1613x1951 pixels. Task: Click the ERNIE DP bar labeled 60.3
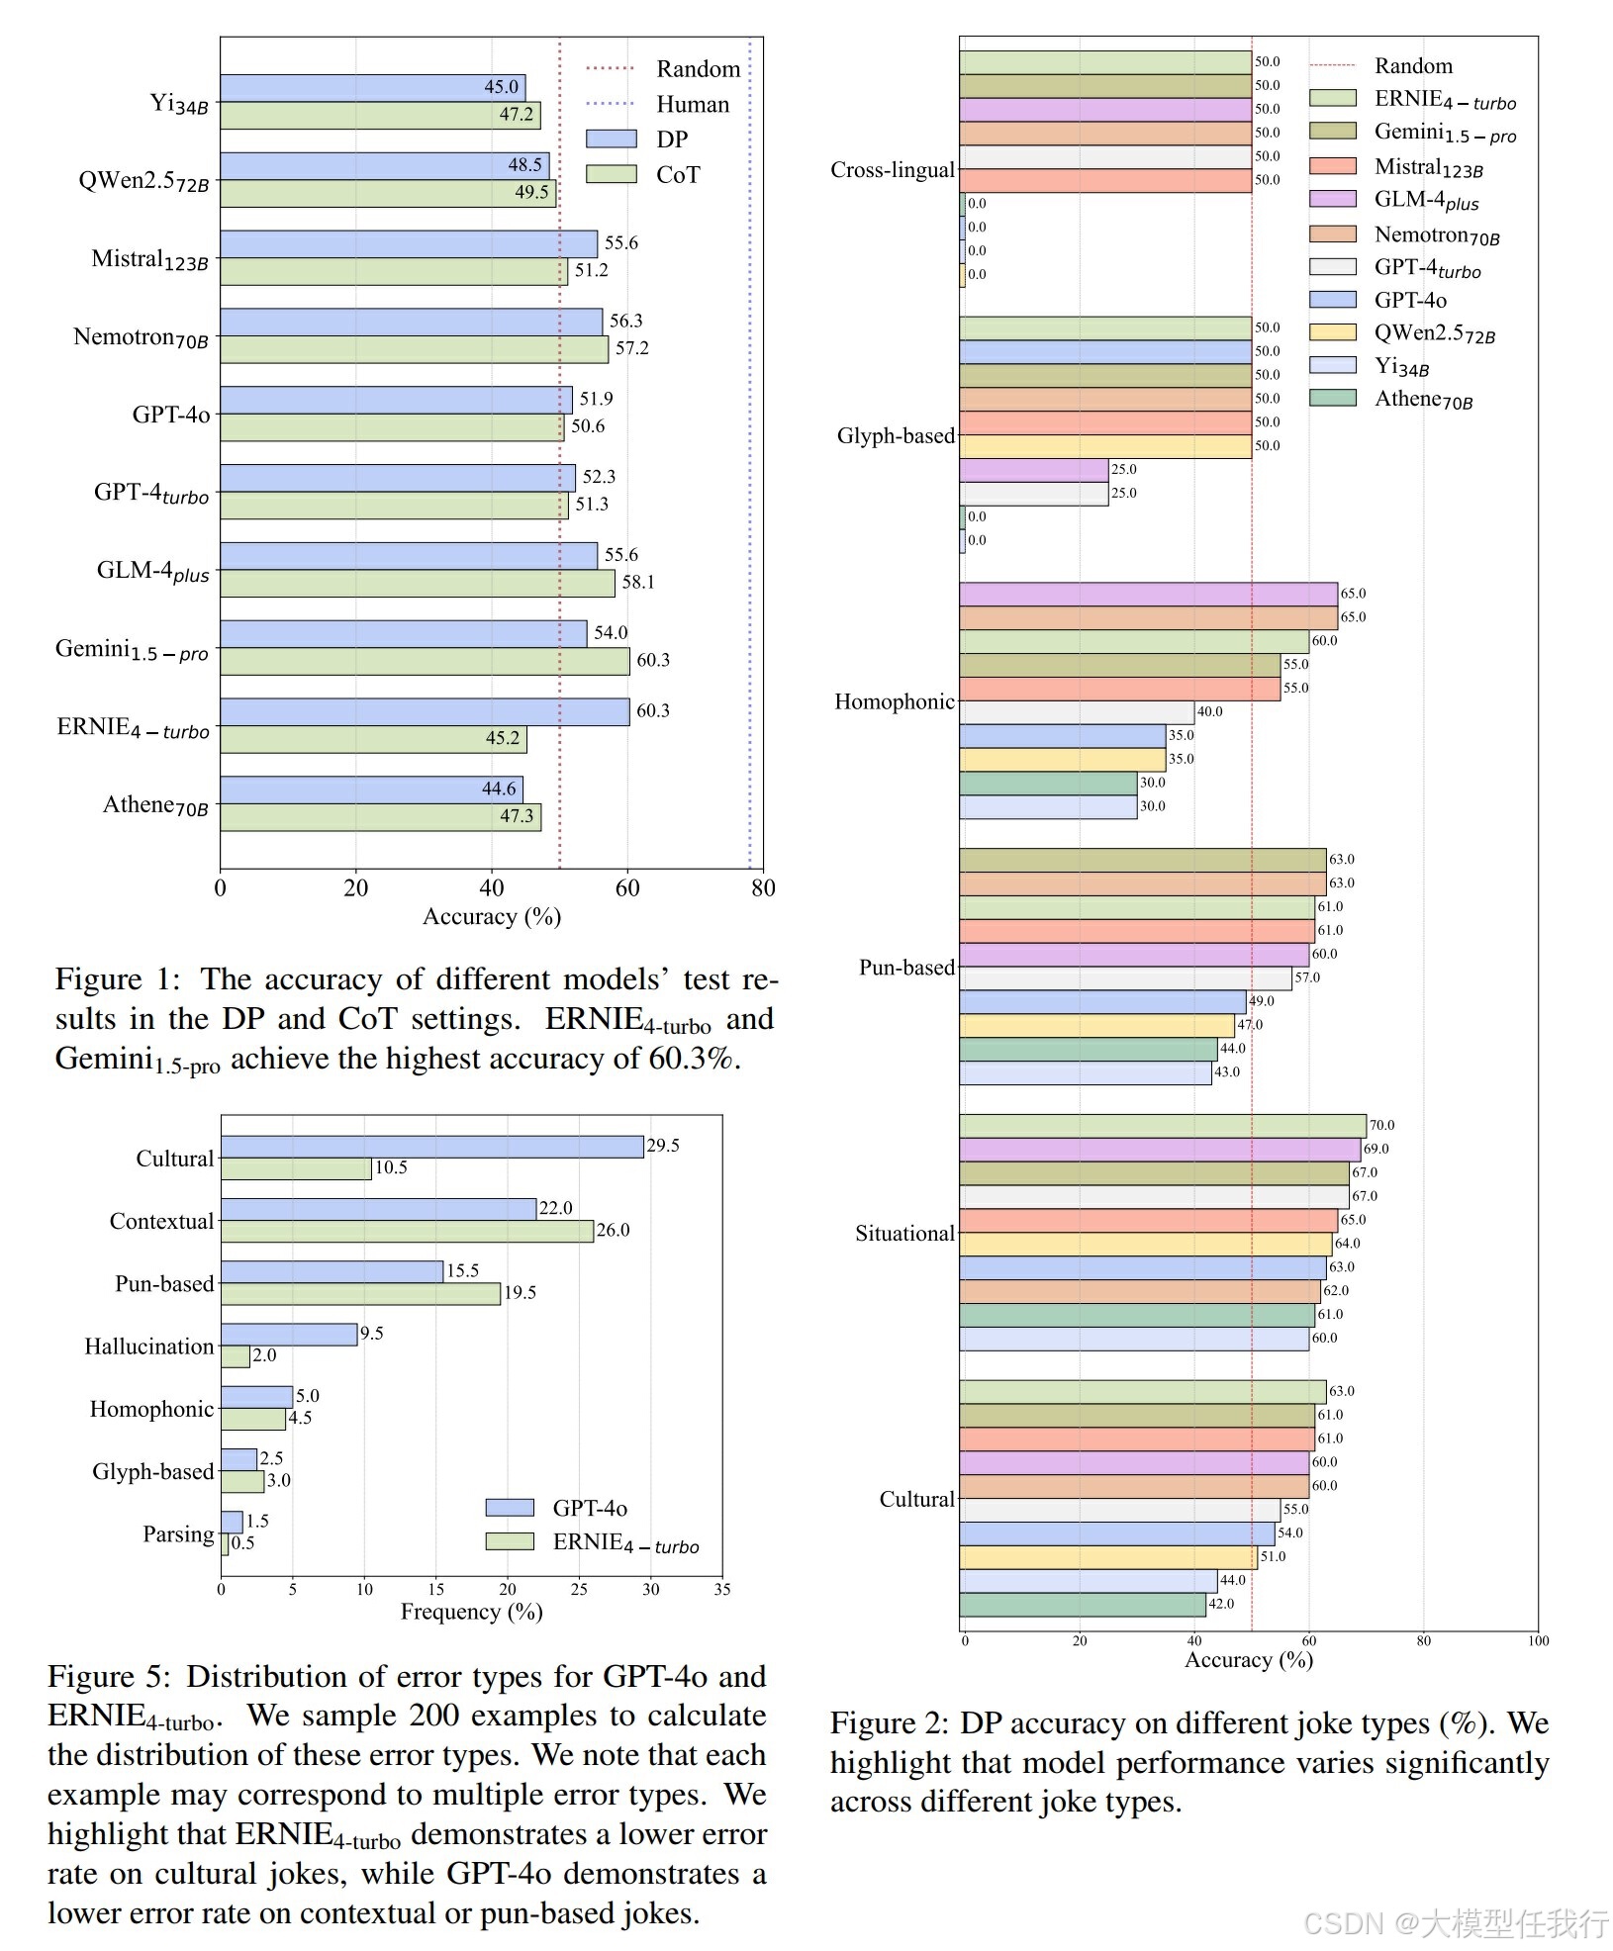click(x=425, y=711)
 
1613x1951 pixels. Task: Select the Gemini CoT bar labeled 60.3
click(x=425, y=661)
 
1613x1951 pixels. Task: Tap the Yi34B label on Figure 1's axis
click(x=179, y=103)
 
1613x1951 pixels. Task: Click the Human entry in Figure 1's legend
click(x=692, y=104)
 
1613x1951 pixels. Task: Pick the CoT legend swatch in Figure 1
click(x=611, y=174)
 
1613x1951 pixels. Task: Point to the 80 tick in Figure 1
click(x=763, y=887)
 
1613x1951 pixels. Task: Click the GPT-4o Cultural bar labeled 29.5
click(x=431, y=1147)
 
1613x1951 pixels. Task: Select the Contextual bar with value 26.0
click(x=407, y=1231)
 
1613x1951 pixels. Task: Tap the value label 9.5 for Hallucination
click(x=372, y=1334)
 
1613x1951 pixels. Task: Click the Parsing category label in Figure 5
click(x=178, y=1533)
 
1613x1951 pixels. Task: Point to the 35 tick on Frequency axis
click(x=722, y=1589)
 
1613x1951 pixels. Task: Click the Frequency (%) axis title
click(x=471, y=1612)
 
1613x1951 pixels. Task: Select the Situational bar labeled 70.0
click(x=1163, y=1126)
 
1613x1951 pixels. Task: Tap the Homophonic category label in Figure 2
click(x=895, y=701)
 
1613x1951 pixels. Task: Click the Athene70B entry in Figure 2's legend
click(x=1423, y=399)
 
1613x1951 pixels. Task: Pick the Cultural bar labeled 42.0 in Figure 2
click(x=1083, y=1604)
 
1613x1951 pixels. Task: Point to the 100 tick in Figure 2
click(x=1538, y=1641)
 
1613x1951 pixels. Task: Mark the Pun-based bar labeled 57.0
click(x=1125, y=978)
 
